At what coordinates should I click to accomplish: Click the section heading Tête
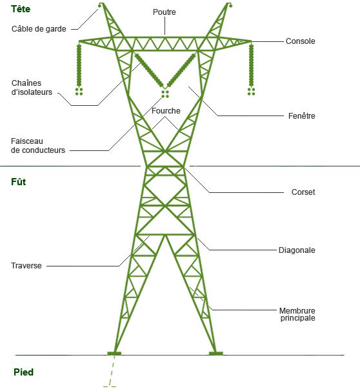[x=21, y=9]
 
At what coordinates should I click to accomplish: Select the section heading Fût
[x=19, y=182]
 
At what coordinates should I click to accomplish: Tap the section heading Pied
[x=24, y=372]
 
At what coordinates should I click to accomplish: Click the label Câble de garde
[x=39, y=29]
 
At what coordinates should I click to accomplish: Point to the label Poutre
[x=165, y=12]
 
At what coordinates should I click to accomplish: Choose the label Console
[x=301, y=41]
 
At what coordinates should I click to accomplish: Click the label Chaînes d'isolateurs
[x=32, y=88]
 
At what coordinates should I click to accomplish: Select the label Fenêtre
[x=302, y=116]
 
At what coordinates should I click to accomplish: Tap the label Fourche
[x=166, y=111]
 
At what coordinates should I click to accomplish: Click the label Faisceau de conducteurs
[x=38, y=146]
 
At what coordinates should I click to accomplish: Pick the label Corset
[x=303, y=192]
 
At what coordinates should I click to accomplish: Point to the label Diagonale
[x=297, y=250]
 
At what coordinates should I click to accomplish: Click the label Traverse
[x=26, y=266]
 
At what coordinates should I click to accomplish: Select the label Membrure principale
[x=297, y=314]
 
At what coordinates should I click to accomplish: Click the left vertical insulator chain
[x=79, y=65]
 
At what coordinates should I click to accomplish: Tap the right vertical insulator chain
[x=252, y=65]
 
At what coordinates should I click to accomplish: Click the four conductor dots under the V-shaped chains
[x=165, y=94]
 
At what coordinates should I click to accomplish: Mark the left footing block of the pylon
[x=114, y=354]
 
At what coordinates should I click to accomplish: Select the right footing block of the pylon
[x=216, y=354]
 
